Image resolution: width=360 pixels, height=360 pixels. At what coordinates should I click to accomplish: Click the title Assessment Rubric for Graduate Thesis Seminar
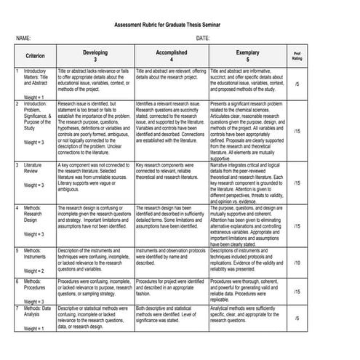(180, 24)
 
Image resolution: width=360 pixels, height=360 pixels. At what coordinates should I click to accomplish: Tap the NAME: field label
(23, 38)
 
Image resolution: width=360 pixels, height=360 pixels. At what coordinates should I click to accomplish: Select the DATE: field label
(203, 38)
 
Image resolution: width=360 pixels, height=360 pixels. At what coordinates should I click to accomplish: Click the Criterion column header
(35, 56)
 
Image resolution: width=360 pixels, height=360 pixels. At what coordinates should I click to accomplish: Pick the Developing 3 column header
(95, 56)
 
